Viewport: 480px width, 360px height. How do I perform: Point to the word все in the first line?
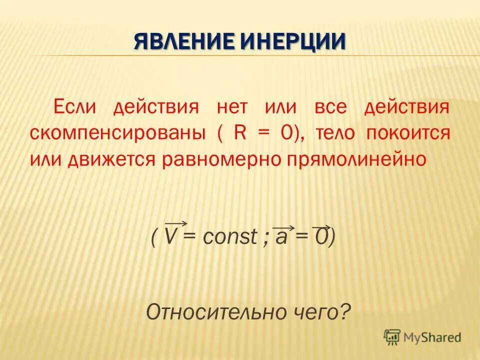pyautogui.click(x=330, y=107)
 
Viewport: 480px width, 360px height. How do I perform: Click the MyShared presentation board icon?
pyautogui.click(x=392, y=337)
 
